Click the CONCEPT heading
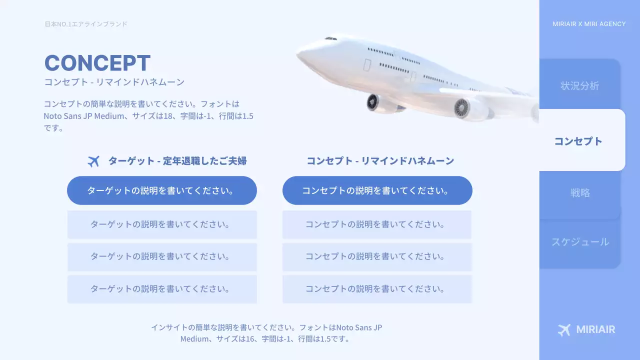click(x=97, y=63)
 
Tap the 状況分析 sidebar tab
click(x=579, y=85)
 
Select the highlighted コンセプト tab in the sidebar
click(x=578, y=141)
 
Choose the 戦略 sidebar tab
click(x=580, y=192)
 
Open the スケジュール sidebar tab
click(x=580, y=242)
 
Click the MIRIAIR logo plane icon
click(x=564, y=329)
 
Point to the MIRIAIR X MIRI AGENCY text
click(x=589, y=24)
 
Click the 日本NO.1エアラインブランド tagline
click(x=86, y=24)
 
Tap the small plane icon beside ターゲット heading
click(x=93, y=161)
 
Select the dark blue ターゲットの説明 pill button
click(x=162, y=190)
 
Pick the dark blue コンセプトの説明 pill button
click(x=377, y=190)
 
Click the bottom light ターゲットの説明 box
click(x=162, y=289)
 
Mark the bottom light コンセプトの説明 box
click(x=377, y=289)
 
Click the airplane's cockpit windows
click(x=330, y=38)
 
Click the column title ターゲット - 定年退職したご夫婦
click(x=177, y=161)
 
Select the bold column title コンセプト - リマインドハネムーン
click(x=380, y=161)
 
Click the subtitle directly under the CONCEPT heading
click(x=114, y=82)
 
